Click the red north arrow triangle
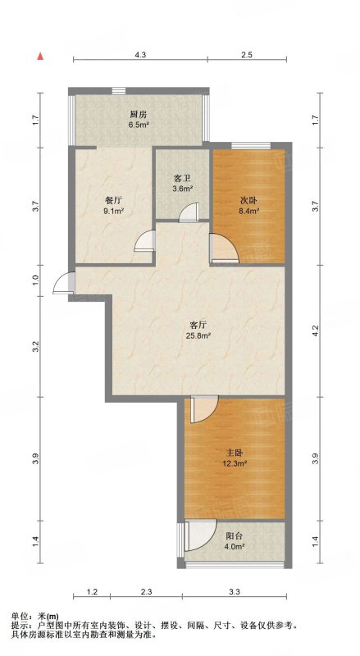pos(40,56)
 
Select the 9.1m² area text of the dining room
pos(113,212)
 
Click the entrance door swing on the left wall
pos(64,283)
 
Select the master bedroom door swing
pos(205,409)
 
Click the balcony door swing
pos(200,535)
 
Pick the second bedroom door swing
pos(224,248)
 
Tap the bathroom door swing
pos(189,212)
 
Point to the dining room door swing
pos(145,241)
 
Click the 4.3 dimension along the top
pos(141,54)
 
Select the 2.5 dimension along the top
pos(247,54)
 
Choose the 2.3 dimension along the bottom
pos(147,591)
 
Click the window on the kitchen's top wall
pos(119,90)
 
